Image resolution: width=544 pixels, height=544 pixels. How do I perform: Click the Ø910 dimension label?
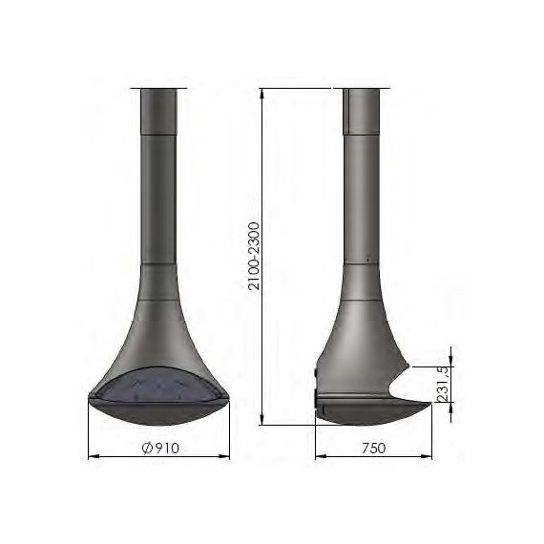coord(160,448)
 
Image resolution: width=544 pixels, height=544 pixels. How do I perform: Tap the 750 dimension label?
coord(374,448)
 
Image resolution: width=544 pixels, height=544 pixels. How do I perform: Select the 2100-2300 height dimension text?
coord(254,256)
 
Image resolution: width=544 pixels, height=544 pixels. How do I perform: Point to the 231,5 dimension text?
coord(444,384)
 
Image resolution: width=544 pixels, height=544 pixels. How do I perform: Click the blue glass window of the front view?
coord(158,386)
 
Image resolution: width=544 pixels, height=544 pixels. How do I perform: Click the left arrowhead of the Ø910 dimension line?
coord(94,456)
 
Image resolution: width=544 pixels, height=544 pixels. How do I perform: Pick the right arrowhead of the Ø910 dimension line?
coord(224,456)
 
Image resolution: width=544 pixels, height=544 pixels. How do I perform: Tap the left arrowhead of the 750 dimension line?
coord(321,456)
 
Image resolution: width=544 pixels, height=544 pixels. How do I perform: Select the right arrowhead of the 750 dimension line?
coord(427,456)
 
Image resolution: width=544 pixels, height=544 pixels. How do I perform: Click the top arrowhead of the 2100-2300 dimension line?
coord(262,94)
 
